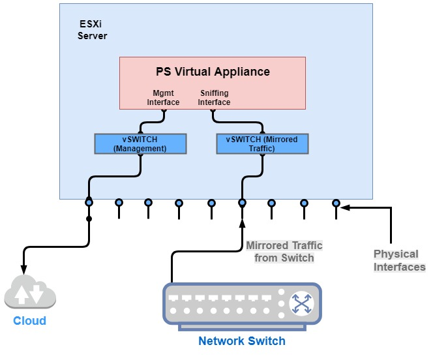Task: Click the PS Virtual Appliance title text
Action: pos(213,71)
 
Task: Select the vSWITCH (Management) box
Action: pos(140,143)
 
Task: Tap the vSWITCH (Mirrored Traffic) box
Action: pos(261,143)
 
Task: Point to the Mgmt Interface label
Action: pos(163,98)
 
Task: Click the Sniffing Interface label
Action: pos(214,98)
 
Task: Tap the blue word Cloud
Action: pos(30,320)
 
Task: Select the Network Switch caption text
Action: pos(242,340)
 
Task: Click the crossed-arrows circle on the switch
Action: pos(301,303)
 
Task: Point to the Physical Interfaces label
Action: pos(399,260)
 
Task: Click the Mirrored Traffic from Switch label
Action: pos(284,252)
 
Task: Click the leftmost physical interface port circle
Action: pos(89,203)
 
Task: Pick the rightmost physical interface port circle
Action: pos(336,203)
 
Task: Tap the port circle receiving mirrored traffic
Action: pos(242,203)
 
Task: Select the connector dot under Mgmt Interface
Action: pos(164,110)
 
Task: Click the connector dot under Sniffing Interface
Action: pos(211,110)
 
